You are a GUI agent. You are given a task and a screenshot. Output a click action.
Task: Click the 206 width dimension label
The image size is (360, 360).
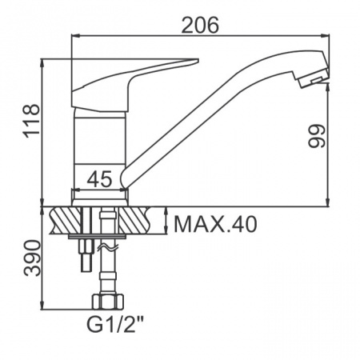pyautogui.click(x=200, y=25)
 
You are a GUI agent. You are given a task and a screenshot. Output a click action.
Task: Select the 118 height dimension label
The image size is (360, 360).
pyautogui.click(x=32, y=122)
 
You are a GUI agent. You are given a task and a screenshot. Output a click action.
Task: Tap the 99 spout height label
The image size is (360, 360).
pyautogui.click(x=317, y=136)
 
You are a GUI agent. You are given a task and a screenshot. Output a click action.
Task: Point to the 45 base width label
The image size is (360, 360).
pyautogui.click(x=100, y=178)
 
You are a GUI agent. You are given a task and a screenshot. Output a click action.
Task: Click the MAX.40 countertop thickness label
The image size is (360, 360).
pyautogui.click(x=215, y=225)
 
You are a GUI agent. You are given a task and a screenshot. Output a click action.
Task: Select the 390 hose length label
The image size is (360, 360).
pyautogui.click(x=32, y=258)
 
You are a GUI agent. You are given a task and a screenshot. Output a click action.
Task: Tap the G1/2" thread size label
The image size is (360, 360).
pyautogui.click(x=115, y=324)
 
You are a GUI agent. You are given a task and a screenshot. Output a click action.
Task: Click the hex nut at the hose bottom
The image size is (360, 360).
pyautogui.click(x=108, y=302)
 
